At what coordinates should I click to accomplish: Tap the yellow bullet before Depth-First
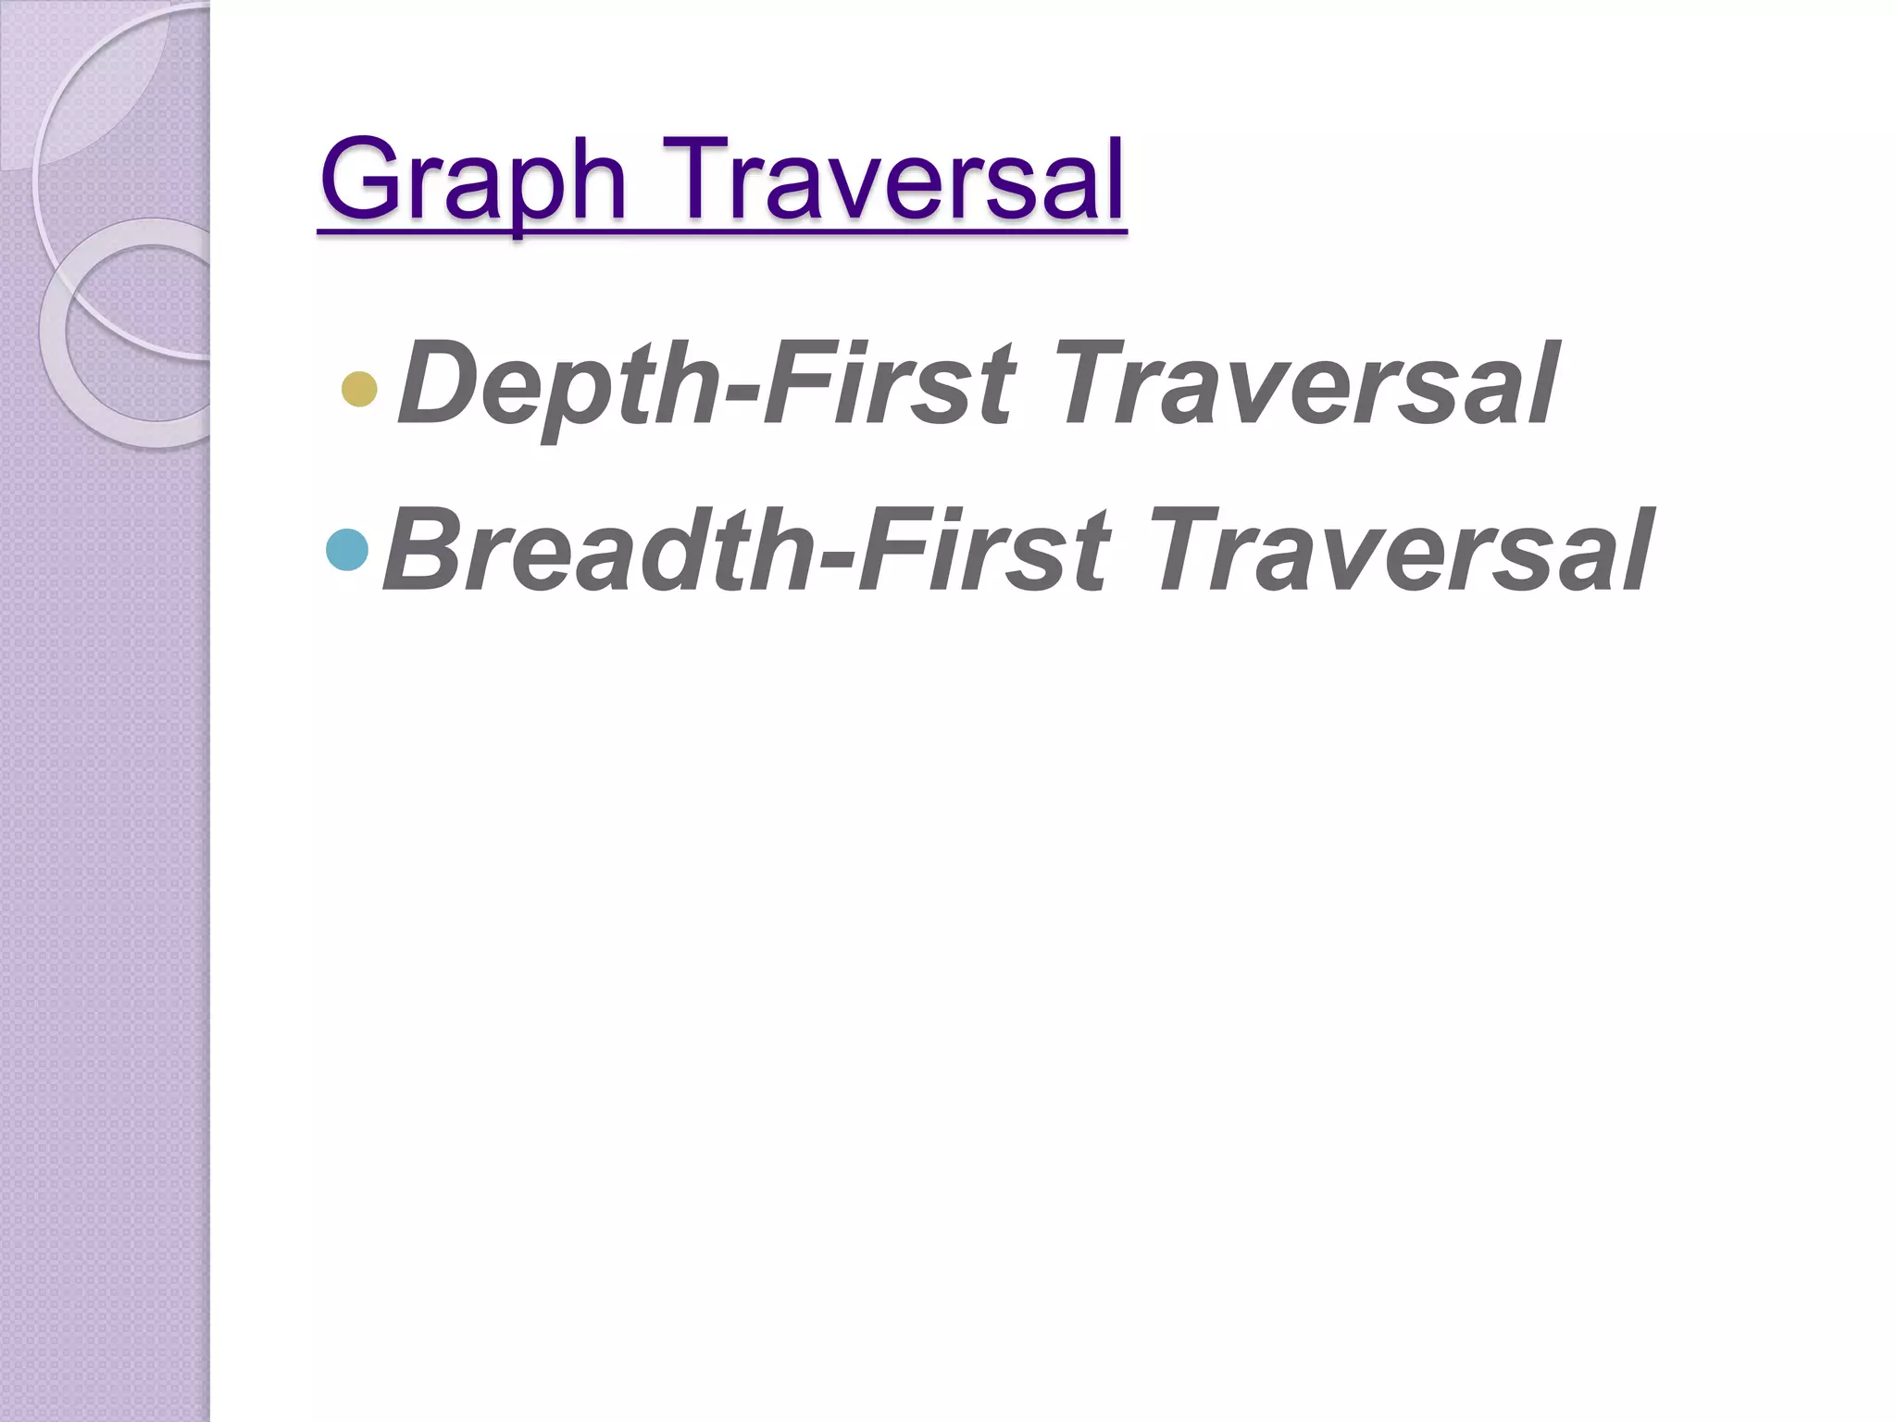359,389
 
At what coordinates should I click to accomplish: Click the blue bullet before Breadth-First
348,550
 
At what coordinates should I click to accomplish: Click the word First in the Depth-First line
889,383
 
